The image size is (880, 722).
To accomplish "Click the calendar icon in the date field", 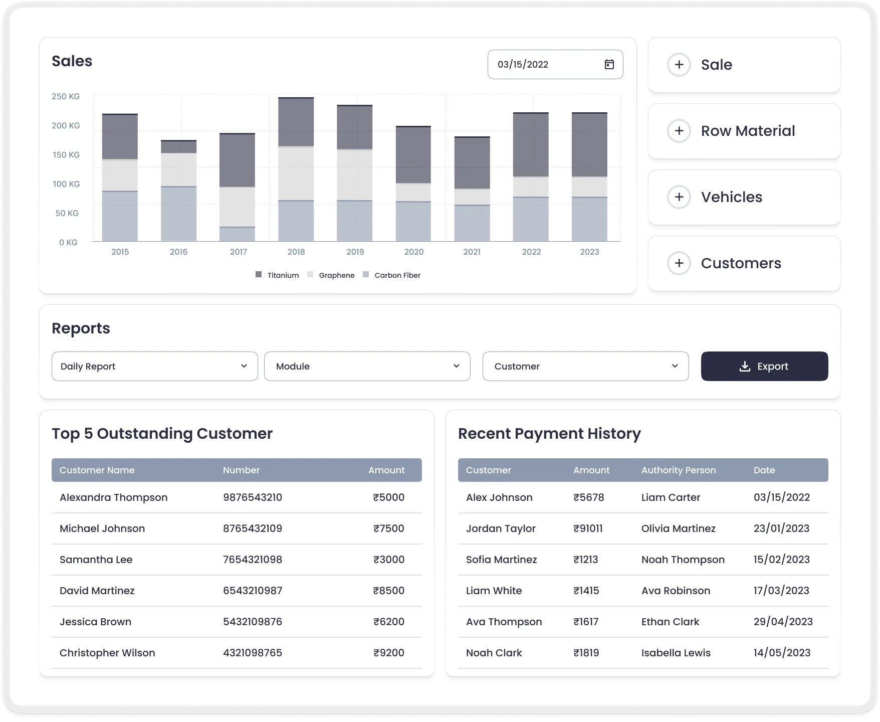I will coord(609,64).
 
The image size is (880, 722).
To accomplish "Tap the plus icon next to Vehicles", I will coord(679,197).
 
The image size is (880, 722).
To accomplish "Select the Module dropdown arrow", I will coord(456,366).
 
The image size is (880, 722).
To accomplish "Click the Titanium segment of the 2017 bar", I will coord(237,160).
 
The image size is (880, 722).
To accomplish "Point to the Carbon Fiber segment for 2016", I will coord(178,214).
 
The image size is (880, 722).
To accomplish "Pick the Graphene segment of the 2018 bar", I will coord(296,173).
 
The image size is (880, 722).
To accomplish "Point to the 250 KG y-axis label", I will coord(66,96).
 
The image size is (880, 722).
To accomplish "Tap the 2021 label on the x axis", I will coord(472,252).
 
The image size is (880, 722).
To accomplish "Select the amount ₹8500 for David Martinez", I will coord(388,591).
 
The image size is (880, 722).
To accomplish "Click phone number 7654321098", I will coord(253,560).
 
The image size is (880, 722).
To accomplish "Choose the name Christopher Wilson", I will coord(107,653).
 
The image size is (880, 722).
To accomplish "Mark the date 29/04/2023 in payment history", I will coord(783,622).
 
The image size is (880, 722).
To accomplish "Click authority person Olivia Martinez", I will coord(678,528).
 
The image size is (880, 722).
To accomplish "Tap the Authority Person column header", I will coord(678,470).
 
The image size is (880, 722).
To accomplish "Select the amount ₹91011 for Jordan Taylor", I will coord(588,528).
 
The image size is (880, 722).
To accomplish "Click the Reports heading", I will coord(81,328).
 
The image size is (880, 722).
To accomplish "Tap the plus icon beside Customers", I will coord(679,263).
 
